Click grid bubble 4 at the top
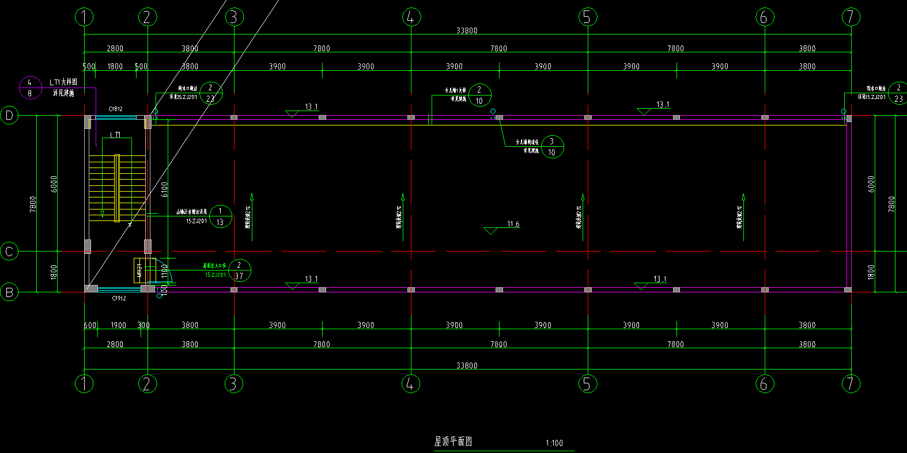pos(410,17)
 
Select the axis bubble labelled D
pos(9,116)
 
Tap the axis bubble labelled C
pos(9,252)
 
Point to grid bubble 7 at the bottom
pos(851,383)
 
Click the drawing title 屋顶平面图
pos(453,441)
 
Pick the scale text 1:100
pos(554,443)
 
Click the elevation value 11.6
pos(513,224)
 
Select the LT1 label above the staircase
pos(115,135)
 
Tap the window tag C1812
pos(115,109)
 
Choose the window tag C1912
pos(119,298)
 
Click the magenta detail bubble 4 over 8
pos(30,87)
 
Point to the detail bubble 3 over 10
pos(552,147)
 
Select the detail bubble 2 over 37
pos(239,271)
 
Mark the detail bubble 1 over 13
pos(220,216)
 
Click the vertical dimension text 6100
pos(165,189)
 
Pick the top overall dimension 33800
pos(466,31)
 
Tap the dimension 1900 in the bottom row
pos(118,325)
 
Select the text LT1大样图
pos(63,82)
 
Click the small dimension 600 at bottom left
pos(90,325)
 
